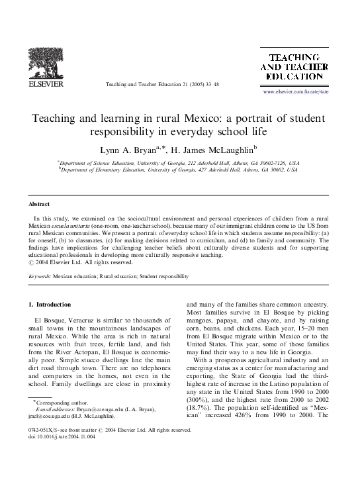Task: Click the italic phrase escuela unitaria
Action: (75, 226)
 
